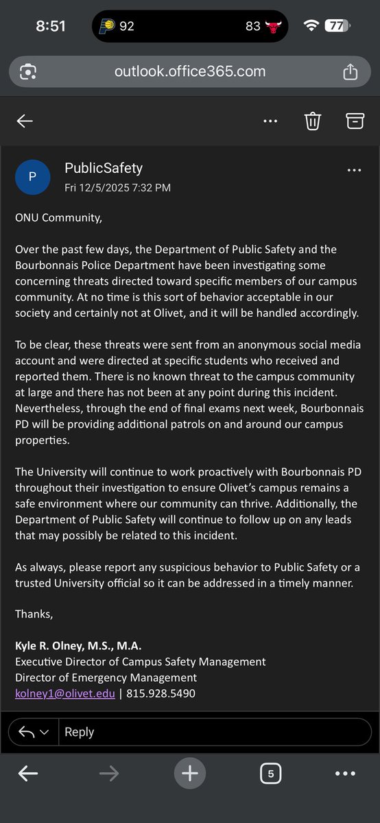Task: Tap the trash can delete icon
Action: pyautogui.click(x=313, y=121)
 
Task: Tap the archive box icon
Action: pyautogui.click(x=354, y=121)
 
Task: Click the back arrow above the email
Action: pyautogui.click(x=25, y=121)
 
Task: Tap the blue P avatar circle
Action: pyautogui.click(x=32, y=177)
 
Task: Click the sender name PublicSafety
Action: pyautogui.click(x=104, y=168)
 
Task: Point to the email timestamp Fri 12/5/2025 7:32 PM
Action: pyautogui.click(x=117, y=187)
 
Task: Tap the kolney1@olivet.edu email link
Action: pyautogui.click(x=65, y=693)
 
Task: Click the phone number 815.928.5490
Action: pyautogui.click(x=161, y=693)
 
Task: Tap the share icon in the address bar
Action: pyautogui.click(x=350, y=71)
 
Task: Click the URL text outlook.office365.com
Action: pyautogui.click(x=189, y=71)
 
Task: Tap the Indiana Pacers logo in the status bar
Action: pyautogui.click(x=106, y=26)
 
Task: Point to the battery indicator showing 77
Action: pyautogui.click(x=335, y=26)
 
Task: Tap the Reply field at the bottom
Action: pyautogui.click(x=213, y=732)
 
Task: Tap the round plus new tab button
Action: pyautogui.click(x=190, y=774)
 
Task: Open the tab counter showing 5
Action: pyautogui.click(x=270, y=774)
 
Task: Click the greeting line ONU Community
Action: pyautogui.click(x=58, y=218)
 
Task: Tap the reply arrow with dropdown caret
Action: pyautogui.click(x=34, y=732)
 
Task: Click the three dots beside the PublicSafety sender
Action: pyautogui.click(x=354, y=170)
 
